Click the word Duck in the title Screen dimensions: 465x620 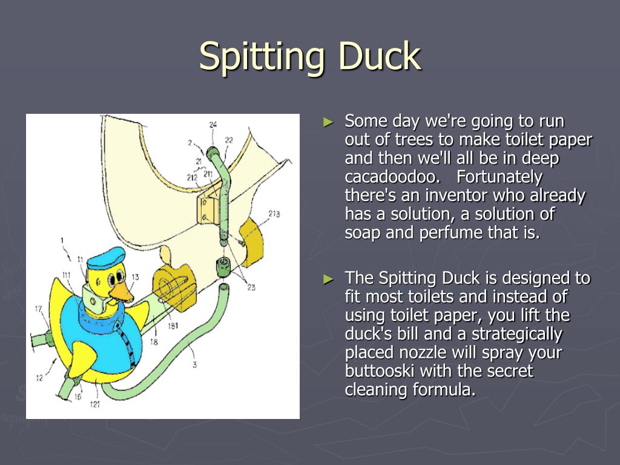[379, 56]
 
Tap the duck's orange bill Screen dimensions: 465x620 [123, 292]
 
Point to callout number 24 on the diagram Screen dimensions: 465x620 [213, 125]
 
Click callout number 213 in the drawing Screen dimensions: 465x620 [274, 214]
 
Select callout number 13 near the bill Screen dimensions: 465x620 [135, 277]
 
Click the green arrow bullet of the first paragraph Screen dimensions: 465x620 [329, 122]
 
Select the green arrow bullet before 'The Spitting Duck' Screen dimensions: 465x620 [329, 279]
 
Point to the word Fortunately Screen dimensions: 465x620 [500, 177]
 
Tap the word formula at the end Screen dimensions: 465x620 [444, 390]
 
